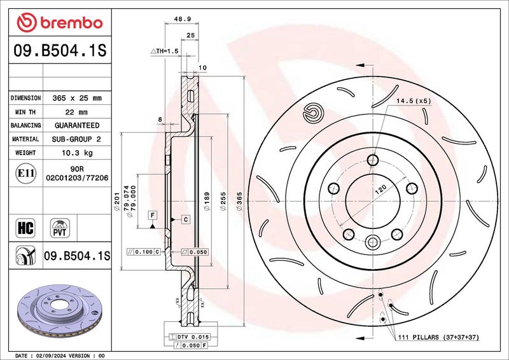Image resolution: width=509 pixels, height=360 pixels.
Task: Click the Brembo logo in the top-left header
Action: coord(60,23)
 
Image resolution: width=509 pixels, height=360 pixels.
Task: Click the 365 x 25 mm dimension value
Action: coord(77,98)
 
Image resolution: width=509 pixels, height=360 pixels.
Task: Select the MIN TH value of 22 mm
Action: coord(76,113)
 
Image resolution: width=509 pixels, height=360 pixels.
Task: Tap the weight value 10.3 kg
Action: coord(77,153)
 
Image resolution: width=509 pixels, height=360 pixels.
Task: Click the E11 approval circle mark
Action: coord(25,173)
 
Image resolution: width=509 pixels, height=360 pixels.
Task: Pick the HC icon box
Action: coord(25,228)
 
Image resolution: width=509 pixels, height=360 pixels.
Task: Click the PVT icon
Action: coord(60,228)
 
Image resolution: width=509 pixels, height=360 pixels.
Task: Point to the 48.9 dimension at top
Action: coord(182,19)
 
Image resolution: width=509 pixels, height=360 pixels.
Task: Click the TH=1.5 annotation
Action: coord(165,52)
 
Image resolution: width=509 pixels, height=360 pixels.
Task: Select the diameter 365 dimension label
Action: coord(239,201)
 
